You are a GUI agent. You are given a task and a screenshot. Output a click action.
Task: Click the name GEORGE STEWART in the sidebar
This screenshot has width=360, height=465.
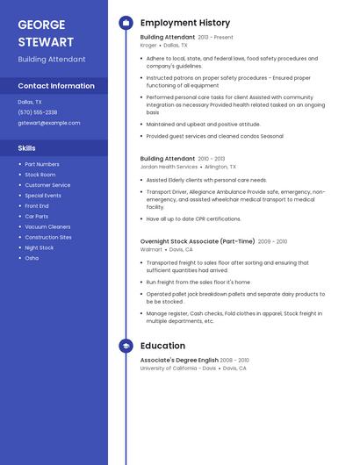46,32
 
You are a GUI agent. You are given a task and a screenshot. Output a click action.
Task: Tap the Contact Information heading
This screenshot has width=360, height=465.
56,86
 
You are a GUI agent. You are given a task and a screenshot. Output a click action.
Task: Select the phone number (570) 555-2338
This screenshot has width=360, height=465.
38,112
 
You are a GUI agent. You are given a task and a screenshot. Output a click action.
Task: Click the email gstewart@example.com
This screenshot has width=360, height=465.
49,123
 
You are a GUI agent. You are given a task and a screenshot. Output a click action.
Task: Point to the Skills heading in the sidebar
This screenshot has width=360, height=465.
27,148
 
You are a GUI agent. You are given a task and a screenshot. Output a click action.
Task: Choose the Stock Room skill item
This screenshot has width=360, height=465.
40,175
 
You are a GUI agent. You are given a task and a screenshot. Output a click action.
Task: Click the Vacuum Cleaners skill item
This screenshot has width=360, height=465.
47,226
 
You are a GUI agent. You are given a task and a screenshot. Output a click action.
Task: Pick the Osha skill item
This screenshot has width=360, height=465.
32,258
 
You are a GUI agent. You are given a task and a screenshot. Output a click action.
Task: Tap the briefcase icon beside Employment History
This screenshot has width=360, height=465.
126,23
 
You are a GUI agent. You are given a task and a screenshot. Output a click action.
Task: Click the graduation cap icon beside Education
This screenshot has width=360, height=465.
126,347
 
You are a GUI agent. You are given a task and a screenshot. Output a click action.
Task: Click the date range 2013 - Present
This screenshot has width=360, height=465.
216,38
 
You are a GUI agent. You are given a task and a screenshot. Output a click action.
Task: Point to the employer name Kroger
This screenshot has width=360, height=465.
148,45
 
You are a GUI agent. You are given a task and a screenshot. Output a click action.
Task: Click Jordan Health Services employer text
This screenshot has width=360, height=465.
169,166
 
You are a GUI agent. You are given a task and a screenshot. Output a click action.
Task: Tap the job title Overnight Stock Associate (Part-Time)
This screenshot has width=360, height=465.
198,241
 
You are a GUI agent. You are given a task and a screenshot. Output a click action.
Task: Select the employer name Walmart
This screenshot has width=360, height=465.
151,249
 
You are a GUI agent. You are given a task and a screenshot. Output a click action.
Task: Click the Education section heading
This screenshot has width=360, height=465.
162,347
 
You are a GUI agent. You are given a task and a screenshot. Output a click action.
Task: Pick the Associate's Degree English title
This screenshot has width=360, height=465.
179,361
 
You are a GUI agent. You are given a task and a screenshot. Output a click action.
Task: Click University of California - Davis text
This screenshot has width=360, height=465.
177,368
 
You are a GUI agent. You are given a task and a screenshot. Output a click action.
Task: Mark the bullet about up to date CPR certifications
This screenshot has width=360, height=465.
193,218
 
